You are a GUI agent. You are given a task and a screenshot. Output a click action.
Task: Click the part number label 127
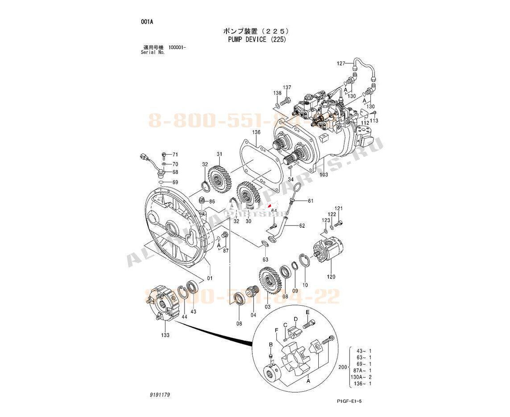pos(341,64)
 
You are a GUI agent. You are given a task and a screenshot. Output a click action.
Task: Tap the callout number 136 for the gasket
pos(256,132)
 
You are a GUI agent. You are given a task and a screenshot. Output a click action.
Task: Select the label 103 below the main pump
pos(324,175)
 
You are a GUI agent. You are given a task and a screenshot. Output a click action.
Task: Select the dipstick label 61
pos(310,201)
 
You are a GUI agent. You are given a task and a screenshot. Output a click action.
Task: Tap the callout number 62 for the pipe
pos(302,226)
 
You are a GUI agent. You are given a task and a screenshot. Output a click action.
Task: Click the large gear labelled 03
pos(270,282)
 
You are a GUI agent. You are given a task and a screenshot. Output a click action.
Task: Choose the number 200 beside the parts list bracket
pos(343,367)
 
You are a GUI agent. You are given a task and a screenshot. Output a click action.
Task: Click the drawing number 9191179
pos(160,395)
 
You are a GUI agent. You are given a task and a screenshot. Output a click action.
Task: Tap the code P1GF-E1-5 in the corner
pos(349,401)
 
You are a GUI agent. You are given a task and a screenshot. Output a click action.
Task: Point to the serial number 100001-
pos(177,47)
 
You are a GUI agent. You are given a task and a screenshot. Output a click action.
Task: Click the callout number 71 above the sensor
pos(175,155)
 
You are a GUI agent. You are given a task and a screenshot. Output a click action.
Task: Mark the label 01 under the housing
pos(209,278)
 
